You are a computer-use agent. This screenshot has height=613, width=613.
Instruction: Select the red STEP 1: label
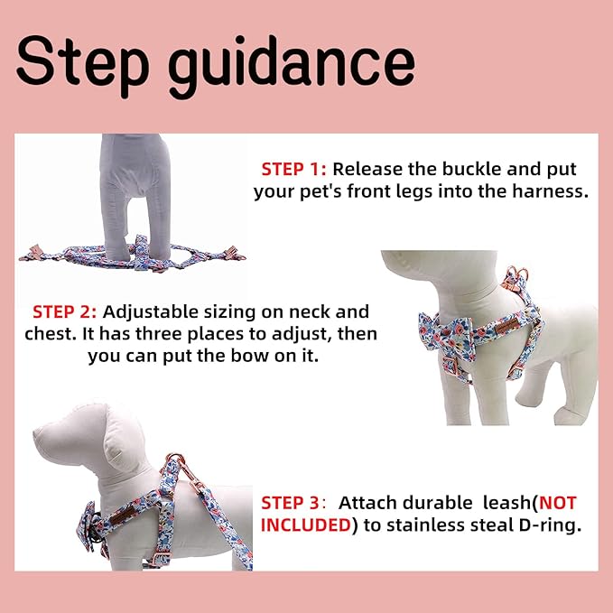[x=294, y=169]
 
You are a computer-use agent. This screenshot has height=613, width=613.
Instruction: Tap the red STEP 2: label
[x=65, y=312]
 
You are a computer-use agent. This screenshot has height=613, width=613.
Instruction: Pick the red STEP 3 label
[x=293, y=503]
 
